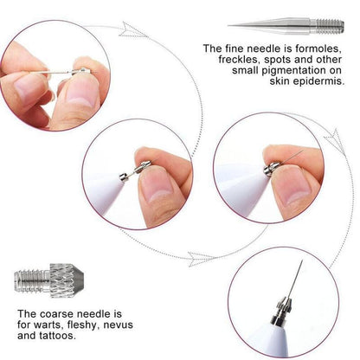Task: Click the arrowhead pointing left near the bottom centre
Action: click(x=201, y=258)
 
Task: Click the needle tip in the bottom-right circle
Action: click(x=299, y=264)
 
